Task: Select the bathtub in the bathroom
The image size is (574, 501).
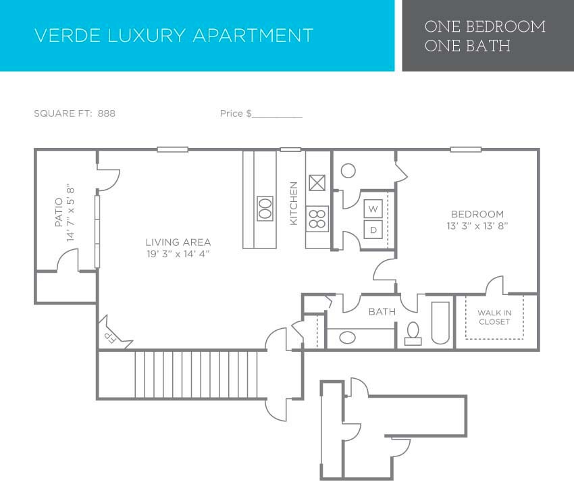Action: (440, 323)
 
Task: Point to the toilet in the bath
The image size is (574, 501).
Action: (413, 333)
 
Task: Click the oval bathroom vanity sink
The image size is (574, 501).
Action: (348, 337)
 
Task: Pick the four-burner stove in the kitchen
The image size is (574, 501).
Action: (317, 217)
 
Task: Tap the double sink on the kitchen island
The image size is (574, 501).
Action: (265, 208)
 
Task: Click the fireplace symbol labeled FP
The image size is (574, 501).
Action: (108, 335)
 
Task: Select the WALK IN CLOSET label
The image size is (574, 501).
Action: (494, 317)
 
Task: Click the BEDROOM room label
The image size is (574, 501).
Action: (477, 214)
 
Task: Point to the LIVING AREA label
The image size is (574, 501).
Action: (178, 242)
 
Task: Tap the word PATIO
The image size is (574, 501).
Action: (58, 211)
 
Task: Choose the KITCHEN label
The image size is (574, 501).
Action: (293, 203)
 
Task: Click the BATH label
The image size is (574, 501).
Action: (382, 312)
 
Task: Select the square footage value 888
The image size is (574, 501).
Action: (107, 113)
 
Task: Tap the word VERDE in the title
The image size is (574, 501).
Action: (61, 35)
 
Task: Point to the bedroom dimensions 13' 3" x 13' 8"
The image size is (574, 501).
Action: (477, 226)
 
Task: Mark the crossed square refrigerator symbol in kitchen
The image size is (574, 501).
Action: (317, 183)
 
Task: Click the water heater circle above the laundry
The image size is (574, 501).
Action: (348, 170)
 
